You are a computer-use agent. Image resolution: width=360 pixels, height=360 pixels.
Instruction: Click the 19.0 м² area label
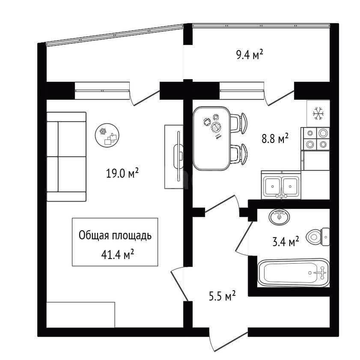[x=122, y=173]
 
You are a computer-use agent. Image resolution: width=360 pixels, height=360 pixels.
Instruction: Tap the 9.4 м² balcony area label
[x=250, y=55]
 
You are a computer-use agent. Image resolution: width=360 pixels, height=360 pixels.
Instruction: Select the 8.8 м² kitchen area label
[x=275, y=139]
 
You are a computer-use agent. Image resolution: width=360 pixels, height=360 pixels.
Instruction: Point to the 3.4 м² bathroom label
[x=286, y=242]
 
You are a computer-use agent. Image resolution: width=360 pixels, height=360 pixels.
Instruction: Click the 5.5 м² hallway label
[x=222, y=296]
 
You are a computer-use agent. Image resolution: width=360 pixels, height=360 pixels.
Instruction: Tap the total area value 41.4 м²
[x=118, y=255]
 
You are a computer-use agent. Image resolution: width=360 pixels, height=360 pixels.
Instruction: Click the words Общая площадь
[x=115, y=235]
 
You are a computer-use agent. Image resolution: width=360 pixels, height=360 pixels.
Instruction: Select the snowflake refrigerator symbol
[x=318, y=113]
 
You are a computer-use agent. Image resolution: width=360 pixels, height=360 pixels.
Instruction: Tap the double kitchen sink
[x=281, y=185]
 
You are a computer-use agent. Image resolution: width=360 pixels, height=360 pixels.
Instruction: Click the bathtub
[x=293, y=273]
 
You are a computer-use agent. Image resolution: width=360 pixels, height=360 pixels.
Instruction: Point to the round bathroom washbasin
[x=279, y=216]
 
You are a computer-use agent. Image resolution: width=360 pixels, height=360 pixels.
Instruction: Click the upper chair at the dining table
[x=239, y=123]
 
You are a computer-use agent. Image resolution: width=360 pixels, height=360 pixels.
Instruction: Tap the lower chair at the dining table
[x=239, y=154]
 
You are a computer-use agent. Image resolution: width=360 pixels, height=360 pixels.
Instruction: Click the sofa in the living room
[x=66, y=157]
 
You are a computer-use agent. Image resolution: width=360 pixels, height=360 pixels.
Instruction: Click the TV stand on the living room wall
[x=174, y=157]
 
